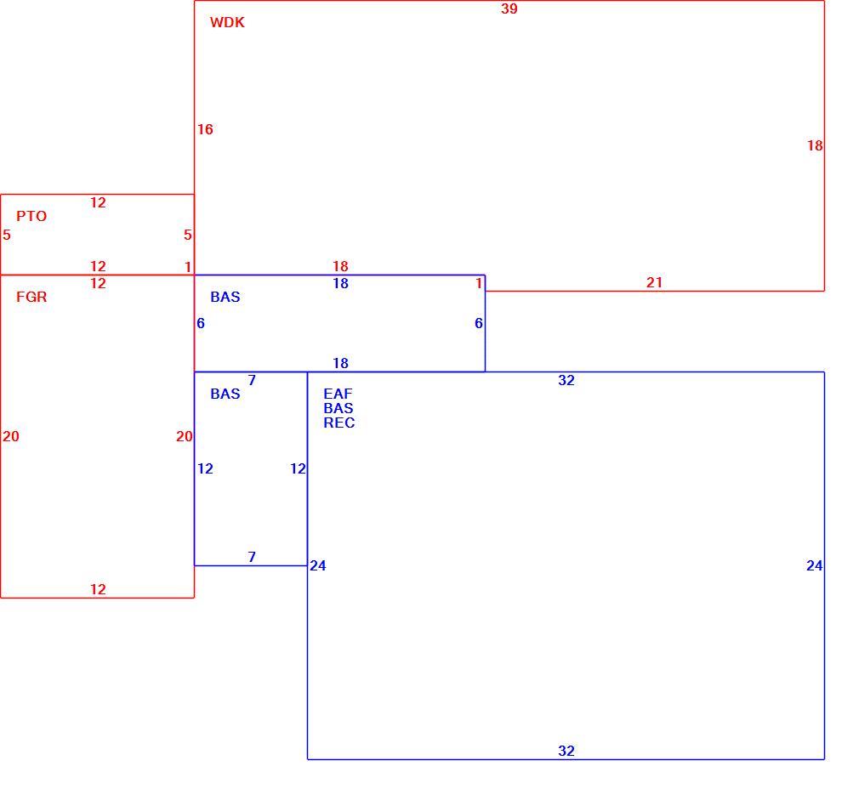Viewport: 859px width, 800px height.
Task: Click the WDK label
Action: [x=227, y=22]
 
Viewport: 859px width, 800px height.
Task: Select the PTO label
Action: [x=31, y=216]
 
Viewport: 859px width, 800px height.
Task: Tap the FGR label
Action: [x=31, y=298]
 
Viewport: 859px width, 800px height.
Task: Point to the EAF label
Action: [x=338, y=394]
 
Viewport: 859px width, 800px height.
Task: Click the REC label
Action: [x=338, y=423]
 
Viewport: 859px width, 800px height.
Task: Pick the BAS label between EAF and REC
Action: [x=338, y=408]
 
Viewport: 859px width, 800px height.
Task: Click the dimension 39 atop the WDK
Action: [x=509, y=9]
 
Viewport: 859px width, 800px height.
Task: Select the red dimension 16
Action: [x=205, y=130]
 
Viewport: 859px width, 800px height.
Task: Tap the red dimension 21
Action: [x=654, y=282]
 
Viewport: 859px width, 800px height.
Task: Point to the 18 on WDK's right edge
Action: [x=815, y=145]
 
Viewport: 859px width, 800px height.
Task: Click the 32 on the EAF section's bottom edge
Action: [x=566, y=751]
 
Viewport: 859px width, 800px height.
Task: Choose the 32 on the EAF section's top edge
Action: [x=566, y=381]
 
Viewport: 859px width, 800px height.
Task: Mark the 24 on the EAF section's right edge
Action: [x=814, y=565]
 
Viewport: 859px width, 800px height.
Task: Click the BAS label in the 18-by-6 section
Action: [x=225, y=298]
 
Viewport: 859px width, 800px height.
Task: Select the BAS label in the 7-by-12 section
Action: [x=225, y=394]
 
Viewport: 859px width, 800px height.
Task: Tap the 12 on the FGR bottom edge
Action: [x=98, y=589]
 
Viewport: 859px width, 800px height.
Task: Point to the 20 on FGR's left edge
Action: [x=11, y=436]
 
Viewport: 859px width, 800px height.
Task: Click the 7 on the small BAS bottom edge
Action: [x=252, y=557]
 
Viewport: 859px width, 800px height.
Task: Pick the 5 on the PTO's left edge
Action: [x=7, y=235]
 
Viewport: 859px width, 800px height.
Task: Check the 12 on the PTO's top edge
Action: [x=98, y=202]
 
